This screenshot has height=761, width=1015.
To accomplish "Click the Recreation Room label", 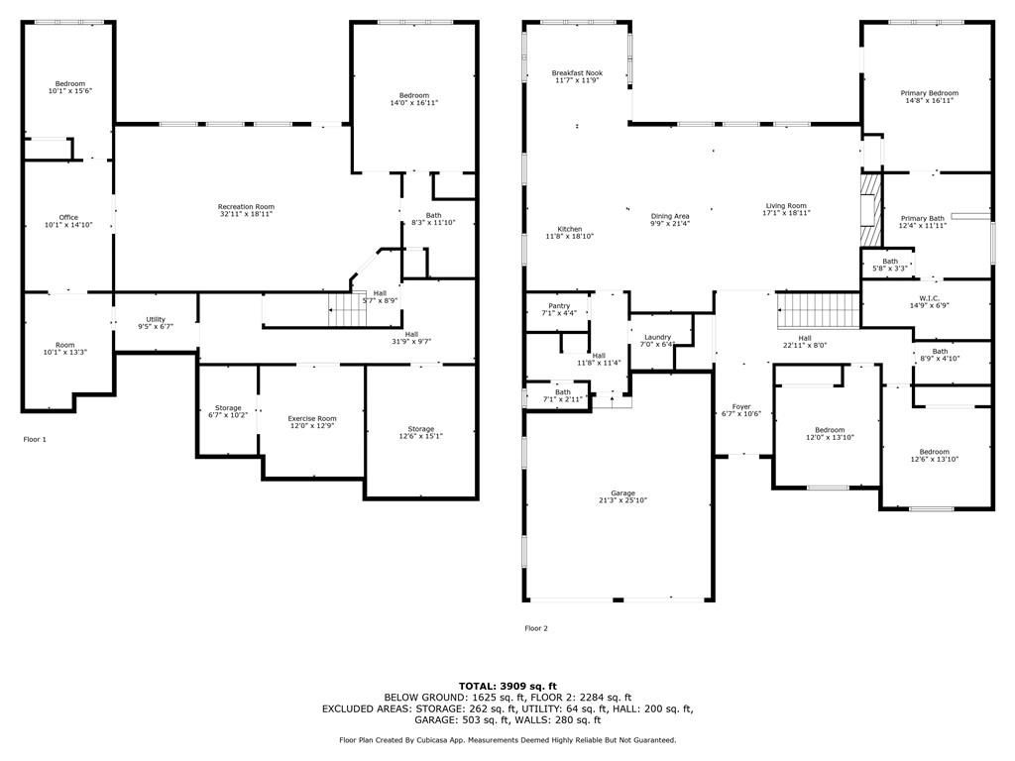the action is coord(246,206).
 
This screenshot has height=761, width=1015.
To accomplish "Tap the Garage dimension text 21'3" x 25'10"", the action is coord(622,500).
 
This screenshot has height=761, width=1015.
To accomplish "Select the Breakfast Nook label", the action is coord(577,73).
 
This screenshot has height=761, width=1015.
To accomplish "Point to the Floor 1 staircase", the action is coord(348,309).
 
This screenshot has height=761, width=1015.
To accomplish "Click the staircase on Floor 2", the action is coord(818,310).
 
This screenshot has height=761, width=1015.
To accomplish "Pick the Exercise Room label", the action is coord(312,419).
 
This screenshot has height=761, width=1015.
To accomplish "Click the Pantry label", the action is coord(559,305).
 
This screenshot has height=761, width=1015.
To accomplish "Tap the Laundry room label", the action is coord(658,337).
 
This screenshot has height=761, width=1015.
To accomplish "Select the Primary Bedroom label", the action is coord(930,93).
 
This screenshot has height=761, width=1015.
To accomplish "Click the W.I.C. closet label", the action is coord(930,298).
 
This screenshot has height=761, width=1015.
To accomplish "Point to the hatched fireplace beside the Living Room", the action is coord(871,209).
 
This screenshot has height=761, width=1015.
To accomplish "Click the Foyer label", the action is coord(741,407).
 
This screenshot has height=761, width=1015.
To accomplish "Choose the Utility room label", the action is coord(156,319).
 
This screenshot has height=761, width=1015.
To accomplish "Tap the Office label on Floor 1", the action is coord(68,217).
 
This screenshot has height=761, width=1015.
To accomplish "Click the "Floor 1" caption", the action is coord(35,439).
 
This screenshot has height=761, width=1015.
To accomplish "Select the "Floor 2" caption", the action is coord(536,628).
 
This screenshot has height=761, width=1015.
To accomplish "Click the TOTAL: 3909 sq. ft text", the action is coord(507,686).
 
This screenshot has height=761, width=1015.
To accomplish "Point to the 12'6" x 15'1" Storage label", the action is coord(420,429).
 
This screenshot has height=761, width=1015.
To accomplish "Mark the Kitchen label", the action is coord(570,229).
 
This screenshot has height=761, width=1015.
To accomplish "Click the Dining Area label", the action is coord(670,216).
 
